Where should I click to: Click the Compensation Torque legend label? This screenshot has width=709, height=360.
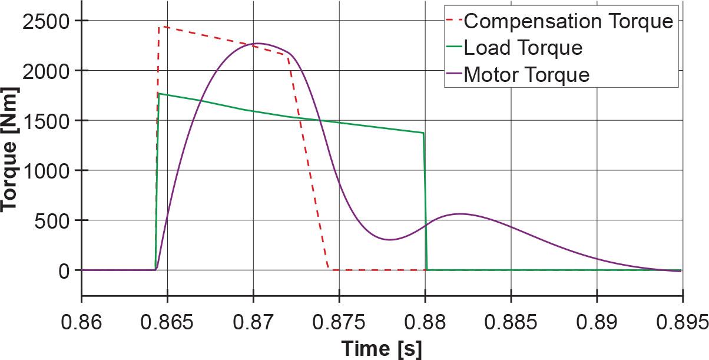pos(568,21)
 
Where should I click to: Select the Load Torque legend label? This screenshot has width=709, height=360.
pos(523,48)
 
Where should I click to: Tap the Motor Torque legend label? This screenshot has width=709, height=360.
pos(526,75)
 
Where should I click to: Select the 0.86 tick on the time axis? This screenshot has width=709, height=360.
pos(81,322)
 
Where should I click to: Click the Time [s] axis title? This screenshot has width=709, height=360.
pos(382,348)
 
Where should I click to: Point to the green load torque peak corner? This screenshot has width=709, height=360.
pos(158,94)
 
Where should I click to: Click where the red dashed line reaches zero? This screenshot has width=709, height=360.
pos(329,270)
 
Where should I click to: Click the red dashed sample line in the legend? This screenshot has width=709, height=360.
pos(452,21)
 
